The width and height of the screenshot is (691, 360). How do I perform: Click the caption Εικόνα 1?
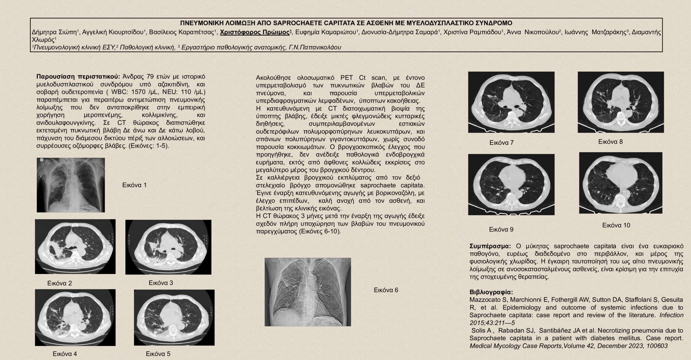click(x=134, y=185)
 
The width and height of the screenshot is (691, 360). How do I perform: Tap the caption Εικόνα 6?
click(x=386, y=290)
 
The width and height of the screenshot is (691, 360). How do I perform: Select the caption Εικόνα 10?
click(x=616, y=225)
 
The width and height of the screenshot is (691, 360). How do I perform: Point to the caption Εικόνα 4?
click(x=65, y=354)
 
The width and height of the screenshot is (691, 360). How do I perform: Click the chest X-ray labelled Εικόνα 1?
click(x=71, y=185)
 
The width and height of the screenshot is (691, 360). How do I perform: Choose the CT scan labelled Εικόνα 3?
click(x=168, y=247)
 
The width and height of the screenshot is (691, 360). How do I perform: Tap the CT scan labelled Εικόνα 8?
click(x=620, y=102)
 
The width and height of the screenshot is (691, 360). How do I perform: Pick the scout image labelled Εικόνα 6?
click(x=308, y=292)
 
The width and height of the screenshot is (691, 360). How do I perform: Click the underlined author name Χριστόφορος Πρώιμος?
click(x=255, y=32)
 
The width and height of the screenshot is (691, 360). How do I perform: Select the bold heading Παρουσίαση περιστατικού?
click(x=78, y=76)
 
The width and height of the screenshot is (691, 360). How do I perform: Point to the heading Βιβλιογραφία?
click(x=491, y=292)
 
